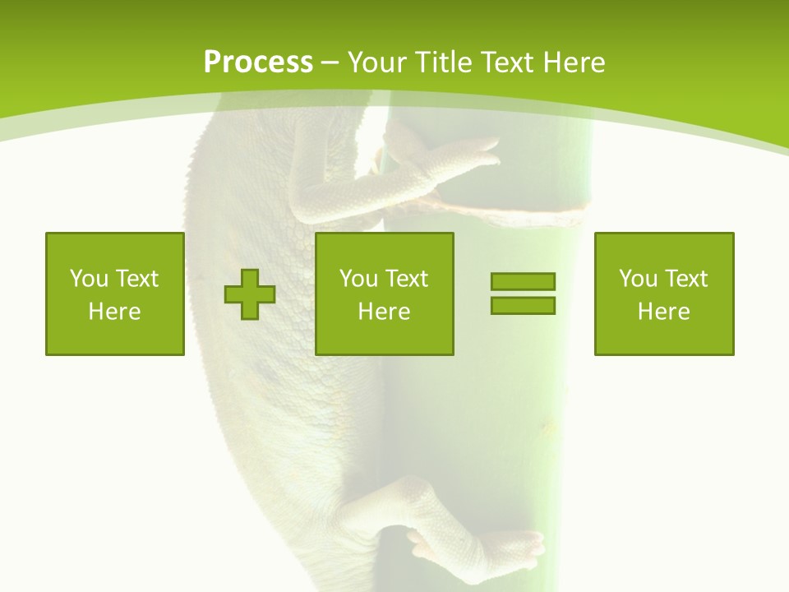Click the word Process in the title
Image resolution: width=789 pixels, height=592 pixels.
pyautogui.click(x=258, y=62)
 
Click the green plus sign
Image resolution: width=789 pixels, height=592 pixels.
pyautogui.click(x=250, y=294)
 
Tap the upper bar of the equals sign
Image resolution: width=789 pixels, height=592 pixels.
pyautogui.click(x=523, y=281)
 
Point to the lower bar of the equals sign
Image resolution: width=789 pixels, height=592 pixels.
pyautogui.click(x=523, y=305)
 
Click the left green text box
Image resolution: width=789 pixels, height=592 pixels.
pyautogui.click(x=115, y=294)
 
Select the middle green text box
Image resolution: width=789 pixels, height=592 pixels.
pyautogui.click(x=385, y=294)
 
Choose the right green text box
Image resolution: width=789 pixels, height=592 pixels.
pyautogui.click(x=664, y=294)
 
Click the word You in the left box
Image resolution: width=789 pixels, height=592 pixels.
pyautogui.click(x=89, y=279)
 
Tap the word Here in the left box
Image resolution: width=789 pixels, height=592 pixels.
pyautogui.click(x=115, y=312)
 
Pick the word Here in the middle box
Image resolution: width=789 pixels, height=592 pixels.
pyautogui.click(x=385, y=312)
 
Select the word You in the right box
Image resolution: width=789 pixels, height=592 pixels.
pyautogui.click(x=638, y=279)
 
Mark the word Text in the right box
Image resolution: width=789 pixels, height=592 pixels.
pyautogui.click(x=686, y=279)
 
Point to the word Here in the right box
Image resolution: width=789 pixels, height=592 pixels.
pyautogui.click(x=664, y=312)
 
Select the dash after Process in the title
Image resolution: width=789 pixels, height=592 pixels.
pyautogui.click(x=330, y=63)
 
